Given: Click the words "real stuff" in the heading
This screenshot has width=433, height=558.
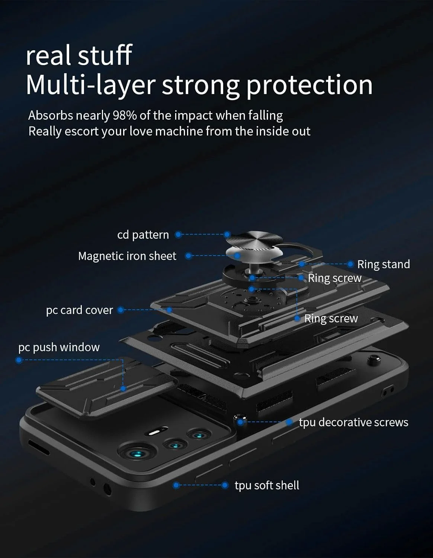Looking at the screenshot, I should pos(79,55).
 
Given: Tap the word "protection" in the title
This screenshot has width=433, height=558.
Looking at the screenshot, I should pos(309,85).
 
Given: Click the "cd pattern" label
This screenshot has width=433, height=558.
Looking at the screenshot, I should pos(143,235).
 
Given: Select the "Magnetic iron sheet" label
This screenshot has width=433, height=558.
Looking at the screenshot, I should pos(127,256).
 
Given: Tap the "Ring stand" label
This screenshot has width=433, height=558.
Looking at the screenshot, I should pos(383,264).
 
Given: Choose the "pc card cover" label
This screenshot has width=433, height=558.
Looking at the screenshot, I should pos(79,310).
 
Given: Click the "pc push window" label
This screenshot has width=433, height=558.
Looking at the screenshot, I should pos(59,347).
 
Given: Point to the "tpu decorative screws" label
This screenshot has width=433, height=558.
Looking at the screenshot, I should pos(353,422).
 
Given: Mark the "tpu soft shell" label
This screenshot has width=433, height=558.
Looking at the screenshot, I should pos(267,485).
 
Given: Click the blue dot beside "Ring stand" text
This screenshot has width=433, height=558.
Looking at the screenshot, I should pos(350,264).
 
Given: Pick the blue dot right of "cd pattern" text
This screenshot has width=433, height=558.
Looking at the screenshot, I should pos(179,234).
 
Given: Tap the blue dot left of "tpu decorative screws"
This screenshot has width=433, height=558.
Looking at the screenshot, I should pos(289,422).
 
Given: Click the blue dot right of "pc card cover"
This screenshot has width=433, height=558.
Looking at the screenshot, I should pos(121,310).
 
